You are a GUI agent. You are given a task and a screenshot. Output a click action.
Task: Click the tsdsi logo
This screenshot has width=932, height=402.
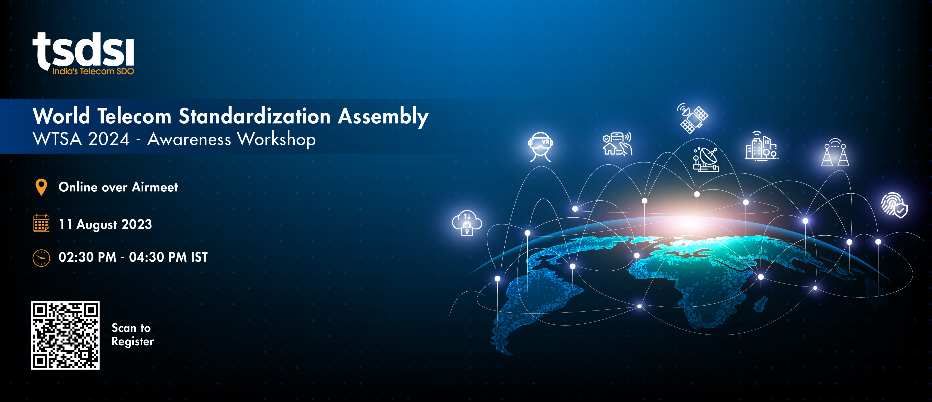coord(83,53)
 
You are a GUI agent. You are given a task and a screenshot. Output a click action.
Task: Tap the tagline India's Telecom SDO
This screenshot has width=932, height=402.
coord(93,71)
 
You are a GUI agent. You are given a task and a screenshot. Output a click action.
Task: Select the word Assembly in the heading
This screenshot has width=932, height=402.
coord(383,117)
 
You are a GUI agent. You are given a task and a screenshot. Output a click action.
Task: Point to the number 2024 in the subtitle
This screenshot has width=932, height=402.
coord(108,139)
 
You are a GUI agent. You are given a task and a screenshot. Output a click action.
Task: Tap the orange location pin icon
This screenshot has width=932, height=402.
coord(42,187)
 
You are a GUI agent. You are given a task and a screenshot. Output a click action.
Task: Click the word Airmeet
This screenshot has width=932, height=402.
coord(155,187)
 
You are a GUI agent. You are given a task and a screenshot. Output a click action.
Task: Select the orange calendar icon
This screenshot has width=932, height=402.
coord(41,223)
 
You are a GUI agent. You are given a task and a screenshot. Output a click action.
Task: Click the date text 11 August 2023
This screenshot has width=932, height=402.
coord(105,224)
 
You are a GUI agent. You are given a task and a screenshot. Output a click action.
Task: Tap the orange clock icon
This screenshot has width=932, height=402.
coord(41,258)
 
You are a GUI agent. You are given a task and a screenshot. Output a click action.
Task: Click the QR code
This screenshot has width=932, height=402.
coord(65,335)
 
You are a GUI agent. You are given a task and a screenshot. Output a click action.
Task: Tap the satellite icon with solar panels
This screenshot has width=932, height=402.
coord(693,118)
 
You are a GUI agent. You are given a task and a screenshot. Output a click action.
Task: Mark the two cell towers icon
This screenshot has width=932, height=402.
coord(835,152)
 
